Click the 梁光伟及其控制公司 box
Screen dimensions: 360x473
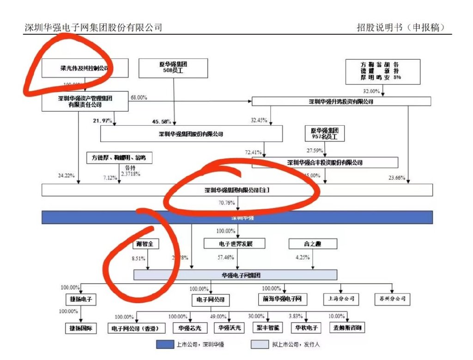coord(78,68)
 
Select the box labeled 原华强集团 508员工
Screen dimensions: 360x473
coord(173,68)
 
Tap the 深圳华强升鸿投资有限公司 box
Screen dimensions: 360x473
coord(341,101)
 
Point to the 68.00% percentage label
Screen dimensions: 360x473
coord(139,98)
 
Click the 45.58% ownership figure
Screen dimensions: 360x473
coord(162,122)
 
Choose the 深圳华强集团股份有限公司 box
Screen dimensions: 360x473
coord(191,134)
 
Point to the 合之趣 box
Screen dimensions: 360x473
coord(313,244)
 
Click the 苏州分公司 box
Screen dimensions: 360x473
coord(392,299)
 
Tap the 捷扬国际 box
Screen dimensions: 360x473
coord(81,329)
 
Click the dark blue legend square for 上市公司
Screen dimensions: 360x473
coord(164,344)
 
